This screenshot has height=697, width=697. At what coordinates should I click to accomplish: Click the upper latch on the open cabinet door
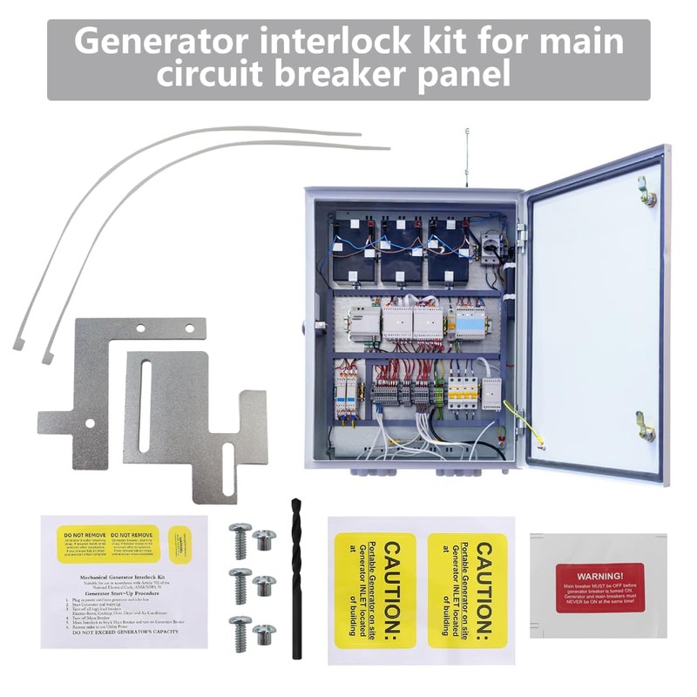click(646, 191)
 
